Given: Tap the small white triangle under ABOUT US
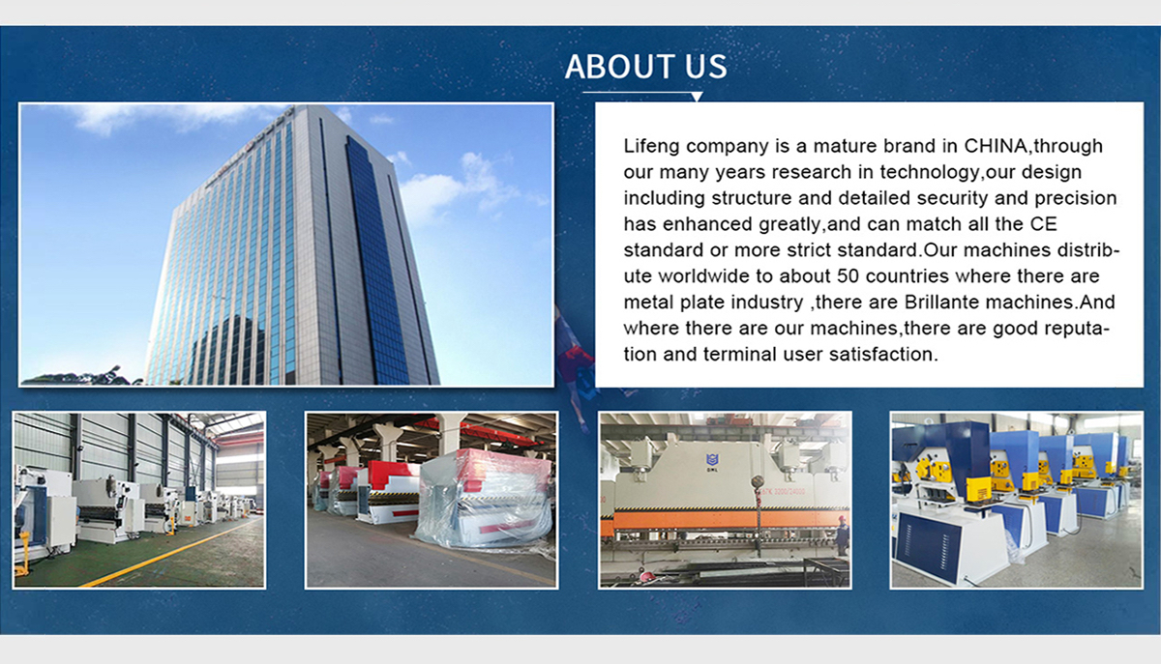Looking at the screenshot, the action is [x=697, y=97].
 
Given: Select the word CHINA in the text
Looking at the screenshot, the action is [x=996, y=146].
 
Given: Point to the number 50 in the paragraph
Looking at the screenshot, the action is [x=848, y=276].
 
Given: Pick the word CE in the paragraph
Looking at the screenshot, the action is [x=1043, y=224].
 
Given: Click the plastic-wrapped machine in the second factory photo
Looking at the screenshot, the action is [x=484, y=500].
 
